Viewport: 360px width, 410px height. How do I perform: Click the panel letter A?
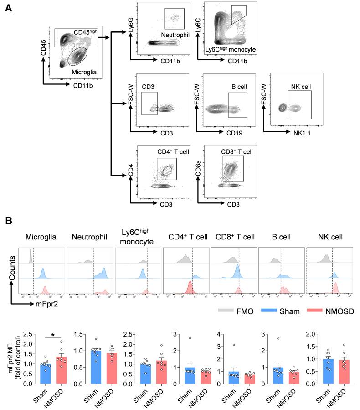pyautogui.click(x=8, y=9)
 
